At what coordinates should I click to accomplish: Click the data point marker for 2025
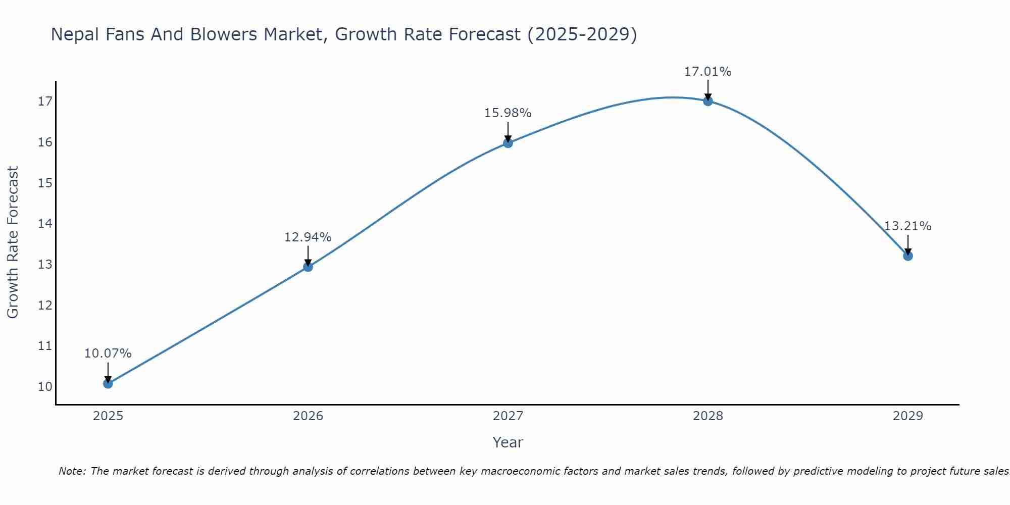[x=108, y=383]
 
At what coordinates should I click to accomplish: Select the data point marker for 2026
[x=308, y=267]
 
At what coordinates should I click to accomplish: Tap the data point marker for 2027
[x=508, y=143]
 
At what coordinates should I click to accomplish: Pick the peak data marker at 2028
[x=708, y=101]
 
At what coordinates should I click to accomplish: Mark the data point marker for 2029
[x=907, y=256]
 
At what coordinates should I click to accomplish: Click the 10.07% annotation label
[x=108, y=353]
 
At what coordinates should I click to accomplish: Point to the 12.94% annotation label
[x=308, y=237]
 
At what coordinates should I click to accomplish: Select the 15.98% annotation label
[x=508, y=113]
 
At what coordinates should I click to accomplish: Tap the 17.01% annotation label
[x=708, y=72]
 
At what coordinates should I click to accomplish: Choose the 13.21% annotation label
[x=907, y=226]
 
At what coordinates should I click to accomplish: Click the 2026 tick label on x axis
[x=308, y=416]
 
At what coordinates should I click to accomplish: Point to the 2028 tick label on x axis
[x=708, y=416]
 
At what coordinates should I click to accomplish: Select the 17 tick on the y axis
[x=45, y=102]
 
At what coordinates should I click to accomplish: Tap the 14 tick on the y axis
[x=45, y=224]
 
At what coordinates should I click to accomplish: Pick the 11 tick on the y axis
[x=45, y=346]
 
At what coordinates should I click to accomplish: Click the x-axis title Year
[x=508, y=442]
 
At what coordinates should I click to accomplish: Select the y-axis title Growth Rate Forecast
[x=13, y=242]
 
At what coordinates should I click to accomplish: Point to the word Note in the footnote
[x=72, y=471]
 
